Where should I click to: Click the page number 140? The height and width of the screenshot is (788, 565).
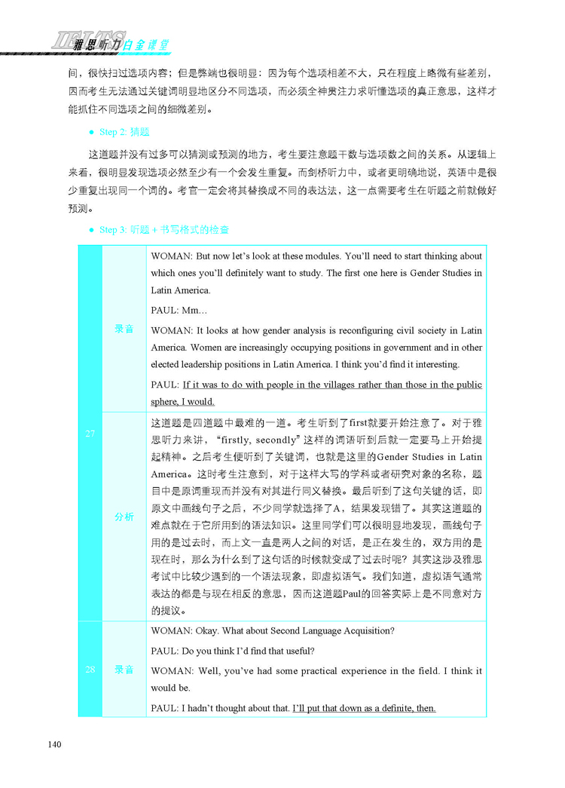pyautogui.click(x=53, y=745)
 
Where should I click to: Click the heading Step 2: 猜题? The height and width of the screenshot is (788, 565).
pyautogui.click(x=124, y=131)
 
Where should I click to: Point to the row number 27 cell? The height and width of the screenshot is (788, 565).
pyautogui.click(x=90, y=433)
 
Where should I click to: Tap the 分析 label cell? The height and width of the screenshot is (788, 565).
pyautogui.click(x=124, y=517)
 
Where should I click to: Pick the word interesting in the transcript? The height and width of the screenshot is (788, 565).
pyautogui.click(x=433, y=365)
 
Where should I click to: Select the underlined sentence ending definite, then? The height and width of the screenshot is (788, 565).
pyautogui.click(x=364, y=708)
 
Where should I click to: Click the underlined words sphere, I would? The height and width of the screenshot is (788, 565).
pyautogui.click(x=183, y=402)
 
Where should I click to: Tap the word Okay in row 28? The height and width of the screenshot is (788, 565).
pyautogui.click(x=213, y=631)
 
